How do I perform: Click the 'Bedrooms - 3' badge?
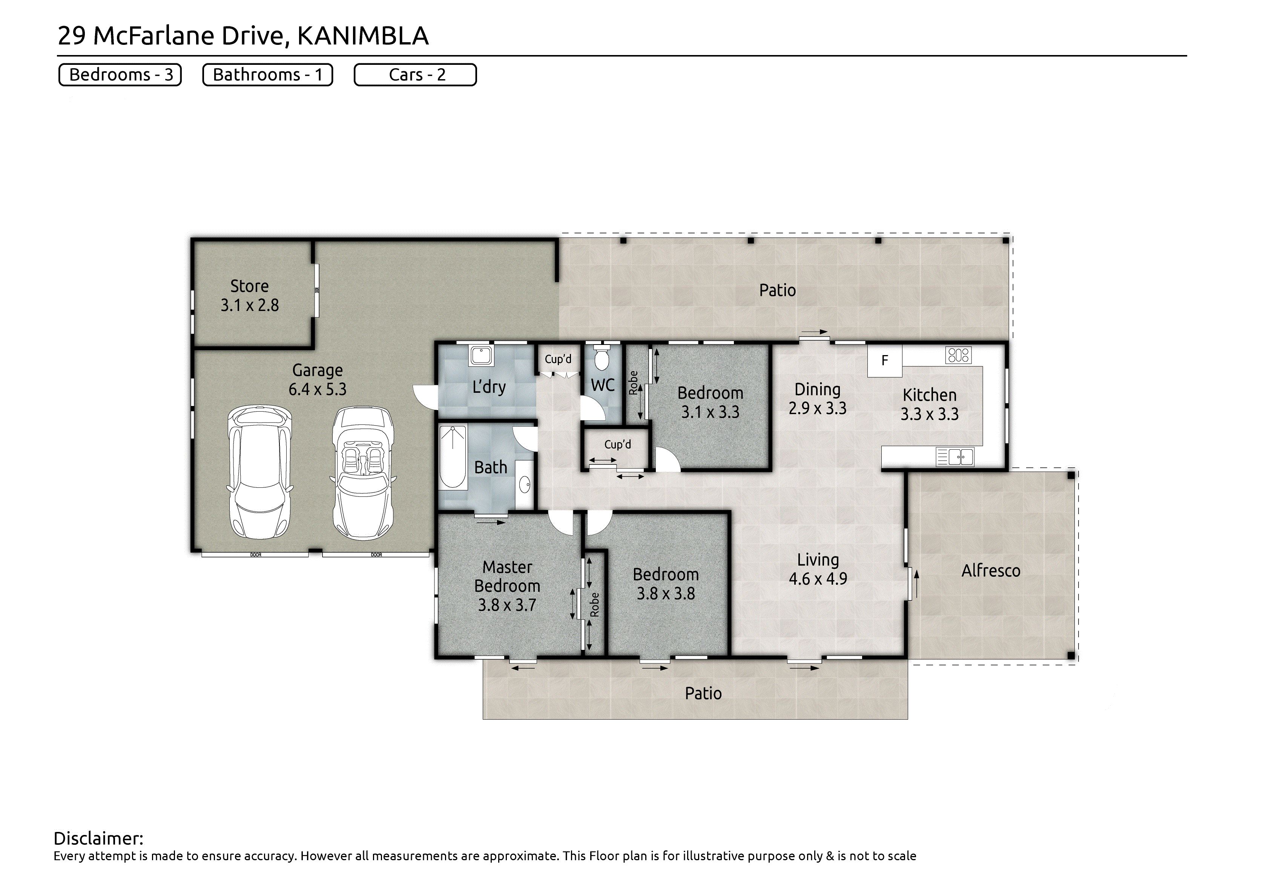pyautogui.click(x=120, y=75)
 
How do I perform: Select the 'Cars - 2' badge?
pyautogui.click(x=415, y=75)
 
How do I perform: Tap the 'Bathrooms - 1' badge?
pyautogui.click(x=268, y=75)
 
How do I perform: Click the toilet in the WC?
pyautogui.click(x=602, y=357)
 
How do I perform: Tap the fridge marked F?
pyautogui.click(x=884, y=361)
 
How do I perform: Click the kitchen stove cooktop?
pyautogui.click(x=958, y=355)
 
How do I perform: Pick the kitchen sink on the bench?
pyautogui.click(x=956, y=457)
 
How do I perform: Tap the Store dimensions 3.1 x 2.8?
pyautogui.click(x=250, y=305)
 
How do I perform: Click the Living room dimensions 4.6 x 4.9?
pyautogui.click(x=818, y=579)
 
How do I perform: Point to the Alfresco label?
pyautogui.click(x=991, y=571)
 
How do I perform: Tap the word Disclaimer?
pyautogui.click(x=98, y=839)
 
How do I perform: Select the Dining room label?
pyautogui.click(x=818, y=389)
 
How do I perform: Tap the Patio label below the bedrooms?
pyautogui.click(x=703, y=693)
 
